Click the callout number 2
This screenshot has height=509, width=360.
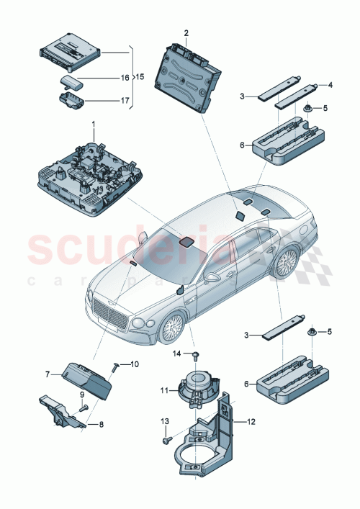(x=186, y=33)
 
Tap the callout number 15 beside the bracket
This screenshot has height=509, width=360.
(x=140, y=76)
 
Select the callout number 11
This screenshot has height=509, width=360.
(x=163, y=391)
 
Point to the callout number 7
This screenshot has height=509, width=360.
(x=49, y=374)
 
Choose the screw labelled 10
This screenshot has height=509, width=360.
(x=114, y=368)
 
